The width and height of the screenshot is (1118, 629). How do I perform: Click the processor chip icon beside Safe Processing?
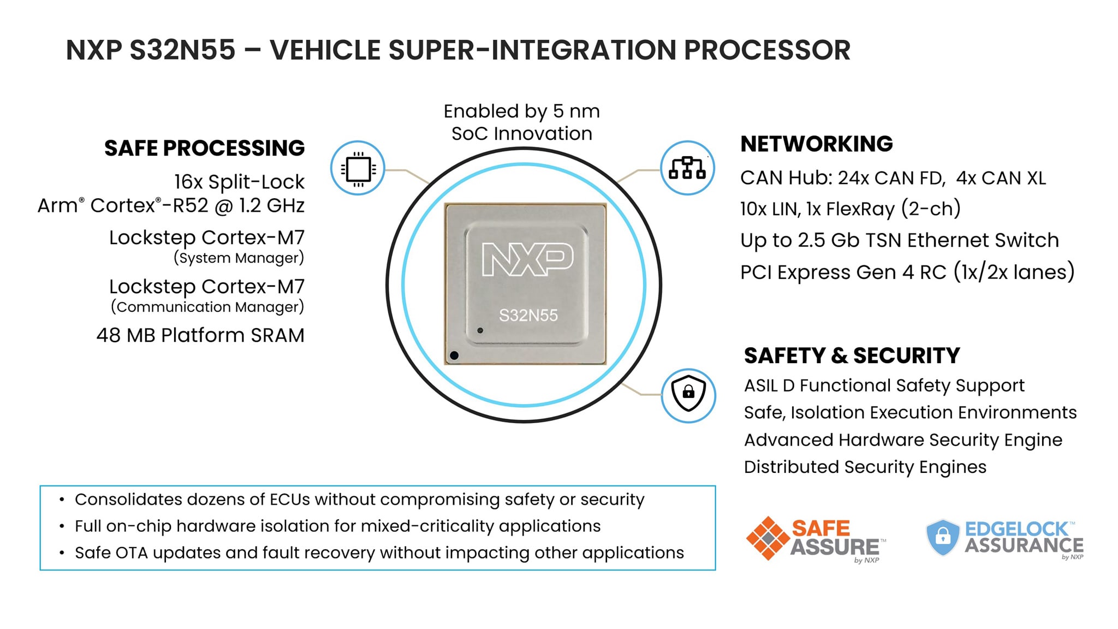[x=358, y=168]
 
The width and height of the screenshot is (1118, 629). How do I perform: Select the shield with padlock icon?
[x=688, y=395]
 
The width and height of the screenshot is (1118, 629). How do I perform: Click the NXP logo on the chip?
[x=528, y=259]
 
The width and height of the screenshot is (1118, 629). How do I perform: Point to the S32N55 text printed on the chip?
[x=528, y=315]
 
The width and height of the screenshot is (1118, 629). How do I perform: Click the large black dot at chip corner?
[x=454, y=356]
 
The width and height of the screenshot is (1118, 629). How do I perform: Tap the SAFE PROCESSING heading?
[x=204, y=148]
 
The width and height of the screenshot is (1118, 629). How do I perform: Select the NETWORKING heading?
[x=816, y=144]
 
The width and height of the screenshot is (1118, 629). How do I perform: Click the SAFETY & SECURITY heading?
[x=852, y=355]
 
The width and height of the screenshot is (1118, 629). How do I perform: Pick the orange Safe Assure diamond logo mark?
[x=768, y=538]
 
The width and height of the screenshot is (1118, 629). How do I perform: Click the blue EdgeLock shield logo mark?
[x=943, y=537]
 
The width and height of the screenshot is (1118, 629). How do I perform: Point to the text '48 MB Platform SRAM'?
[x=200, y=335]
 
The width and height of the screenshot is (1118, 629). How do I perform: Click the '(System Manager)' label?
[x=239, y=258]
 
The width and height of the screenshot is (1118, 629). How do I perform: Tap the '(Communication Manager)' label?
[x=207, y=307]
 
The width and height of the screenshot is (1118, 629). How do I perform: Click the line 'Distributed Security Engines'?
[x=865, y=467]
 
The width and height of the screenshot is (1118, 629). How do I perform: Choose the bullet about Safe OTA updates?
[x=379, y=553]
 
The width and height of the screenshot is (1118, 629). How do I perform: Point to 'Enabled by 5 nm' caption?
[x=521, y=111]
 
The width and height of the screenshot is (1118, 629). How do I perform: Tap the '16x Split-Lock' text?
[x=239, y=182]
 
